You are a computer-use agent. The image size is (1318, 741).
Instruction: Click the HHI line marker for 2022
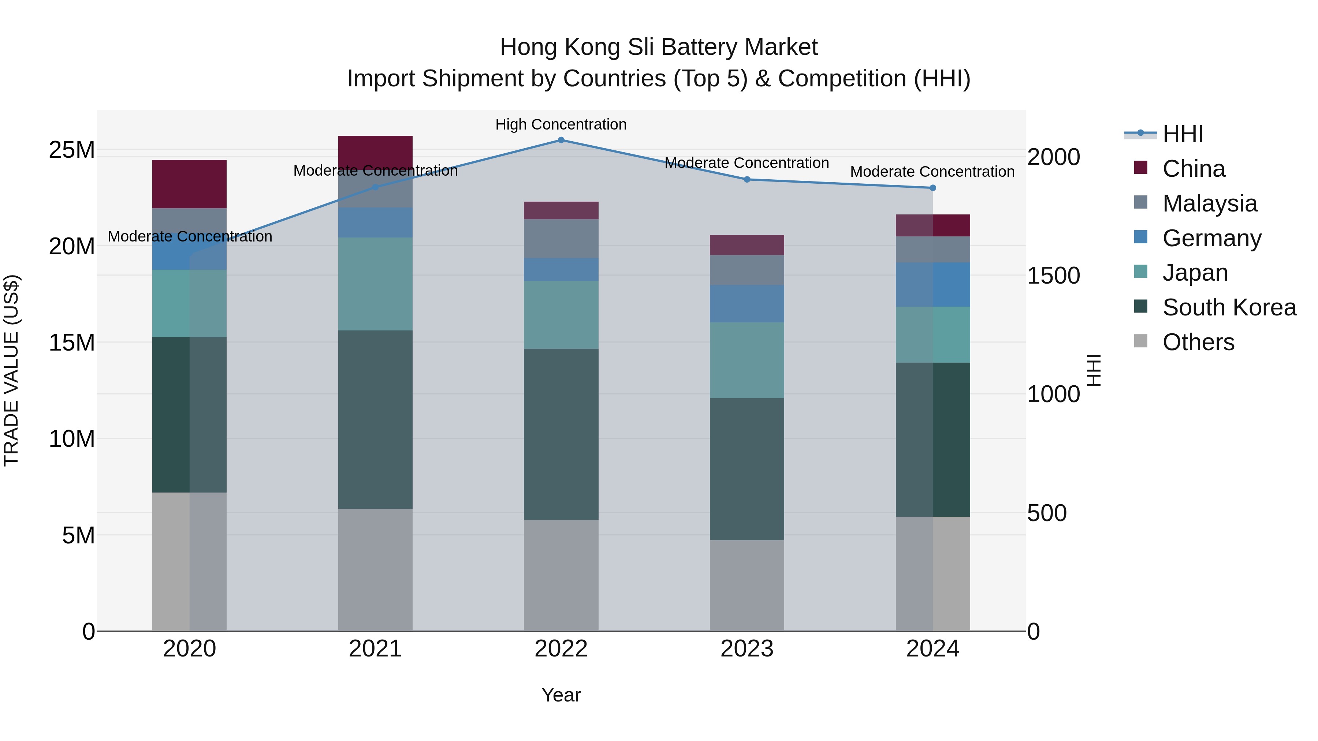[x=561, y=140]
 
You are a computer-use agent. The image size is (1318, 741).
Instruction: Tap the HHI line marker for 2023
[x=747, y=180]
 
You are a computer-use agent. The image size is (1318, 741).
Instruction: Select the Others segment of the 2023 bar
[x=747, y=585]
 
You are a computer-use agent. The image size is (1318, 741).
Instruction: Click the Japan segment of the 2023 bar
[x=747, y=360]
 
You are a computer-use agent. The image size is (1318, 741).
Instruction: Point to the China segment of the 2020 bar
[x=189, y=184]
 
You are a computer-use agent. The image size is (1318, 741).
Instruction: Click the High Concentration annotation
[x=561, y=124]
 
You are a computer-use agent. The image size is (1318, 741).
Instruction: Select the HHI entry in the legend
[x=1182, y=134]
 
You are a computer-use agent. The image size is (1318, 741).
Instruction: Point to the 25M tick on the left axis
[x=72, y=150]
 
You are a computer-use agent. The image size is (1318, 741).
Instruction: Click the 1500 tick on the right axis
[x=1053, y=276]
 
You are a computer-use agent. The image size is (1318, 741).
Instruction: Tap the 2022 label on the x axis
[x=561, y=649]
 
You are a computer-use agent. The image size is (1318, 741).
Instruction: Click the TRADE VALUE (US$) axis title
[x=11, y=370]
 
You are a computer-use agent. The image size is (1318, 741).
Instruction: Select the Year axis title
[x=561, y=695]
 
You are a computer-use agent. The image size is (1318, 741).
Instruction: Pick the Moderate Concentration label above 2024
[x=932, y=172]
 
